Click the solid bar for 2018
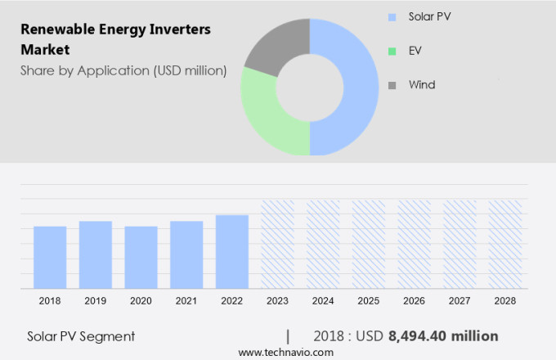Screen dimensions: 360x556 (50, 257)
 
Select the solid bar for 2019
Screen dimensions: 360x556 (96, 254)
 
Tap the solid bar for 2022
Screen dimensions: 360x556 (232, 251)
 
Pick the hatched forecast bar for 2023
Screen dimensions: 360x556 (277, 244)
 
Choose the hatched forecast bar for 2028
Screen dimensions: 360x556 (504, 244)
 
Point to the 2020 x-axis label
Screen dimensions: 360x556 (141, 301)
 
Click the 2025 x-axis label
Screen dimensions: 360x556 (368, 301)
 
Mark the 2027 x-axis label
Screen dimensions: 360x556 (460, 301)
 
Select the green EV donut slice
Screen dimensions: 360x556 (270, 115)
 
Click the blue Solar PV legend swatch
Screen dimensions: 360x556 (392, 16)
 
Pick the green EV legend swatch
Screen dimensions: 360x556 (392, 51)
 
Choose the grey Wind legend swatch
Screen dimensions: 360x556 (392, 85)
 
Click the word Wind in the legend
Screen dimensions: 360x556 (422, 85)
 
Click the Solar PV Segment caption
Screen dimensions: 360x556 (81, 336)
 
